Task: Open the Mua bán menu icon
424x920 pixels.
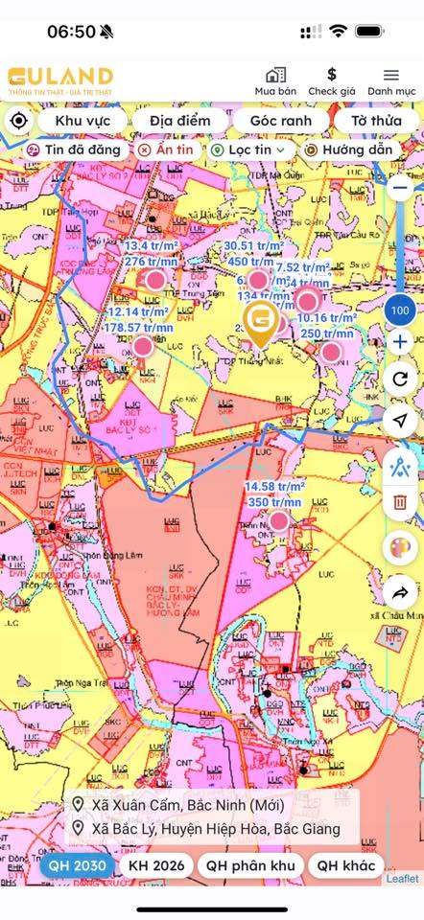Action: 275,75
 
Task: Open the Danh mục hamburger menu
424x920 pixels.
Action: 391,75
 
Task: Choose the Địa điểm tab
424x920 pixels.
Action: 178,121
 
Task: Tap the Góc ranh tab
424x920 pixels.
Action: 280,121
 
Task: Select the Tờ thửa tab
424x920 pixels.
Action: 375,121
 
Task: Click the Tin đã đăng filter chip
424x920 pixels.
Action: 73,150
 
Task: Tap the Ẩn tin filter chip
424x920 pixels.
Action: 165,150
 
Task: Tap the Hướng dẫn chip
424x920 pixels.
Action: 348,150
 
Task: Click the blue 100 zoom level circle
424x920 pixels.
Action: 400,310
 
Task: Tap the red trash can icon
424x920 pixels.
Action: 400,501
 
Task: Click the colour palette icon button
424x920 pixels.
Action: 400,548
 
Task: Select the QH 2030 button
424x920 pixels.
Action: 78,865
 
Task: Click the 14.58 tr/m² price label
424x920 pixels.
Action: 273,487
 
